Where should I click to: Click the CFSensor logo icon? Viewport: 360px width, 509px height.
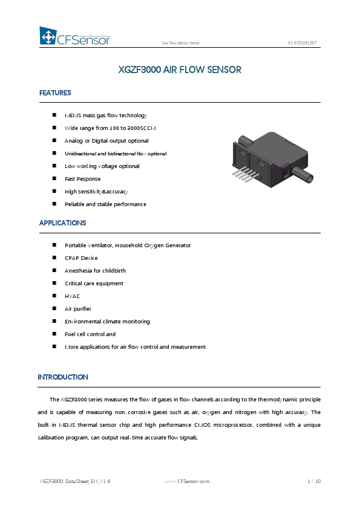click(x=47, y=37)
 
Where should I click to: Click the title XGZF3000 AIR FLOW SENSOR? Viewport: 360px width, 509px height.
click(x=180, y=70)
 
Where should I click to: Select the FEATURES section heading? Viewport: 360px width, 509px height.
click(x=55, y=93)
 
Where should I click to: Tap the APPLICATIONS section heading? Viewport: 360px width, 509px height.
click(x=62, y=223)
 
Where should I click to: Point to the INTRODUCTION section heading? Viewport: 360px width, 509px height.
click(x=63, y=377)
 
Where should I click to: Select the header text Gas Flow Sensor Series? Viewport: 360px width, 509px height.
click(x=180, y=44)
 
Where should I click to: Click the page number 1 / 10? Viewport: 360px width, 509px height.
click(x=313, y=481)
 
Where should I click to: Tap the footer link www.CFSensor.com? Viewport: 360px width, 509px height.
click(x=187, y=481)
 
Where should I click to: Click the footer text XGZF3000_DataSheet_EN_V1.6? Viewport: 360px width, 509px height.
click(x=74, y=481)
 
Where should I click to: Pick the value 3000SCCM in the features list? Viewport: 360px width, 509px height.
click(x=145, y=128)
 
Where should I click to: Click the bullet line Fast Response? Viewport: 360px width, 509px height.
click(x=82, y=179)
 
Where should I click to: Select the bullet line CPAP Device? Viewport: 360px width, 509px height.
click(x=81, y=258)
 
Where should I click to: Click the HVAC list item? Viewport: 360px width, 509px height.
click(x=72, y=296)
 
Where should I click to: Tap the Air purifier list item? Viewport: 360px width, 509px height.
click(x=77, y=309)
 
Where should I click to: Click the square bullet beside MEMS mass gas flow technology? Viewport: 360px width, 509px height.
click(x=54, y=115)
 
